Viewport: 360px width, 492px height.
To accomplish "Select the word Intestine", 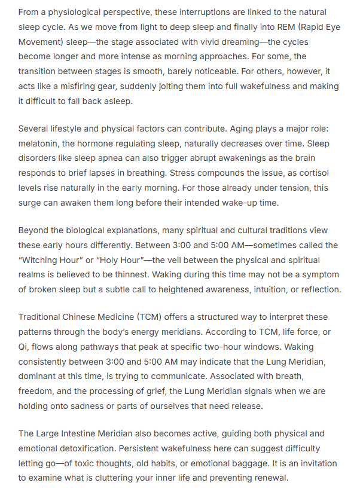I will (87, 433).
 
